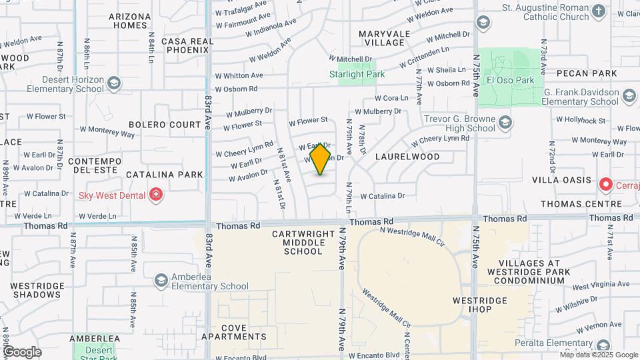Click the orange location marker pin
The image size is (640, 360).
coord(320,159)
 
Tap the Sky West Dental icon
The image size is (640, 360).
coord(156,194)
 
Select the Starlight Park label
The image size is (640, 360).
coord(357,75)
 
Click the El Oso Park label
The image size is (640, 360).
coord(511,81)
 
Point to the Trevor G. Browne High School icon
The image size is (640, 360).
coord(505,122)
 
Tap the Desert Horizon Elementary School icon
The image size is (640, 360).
coord(114,83)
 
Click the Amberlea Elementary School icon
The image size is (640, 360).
coord(160,280)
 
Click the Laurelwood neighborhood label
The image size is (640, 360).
coord(407,157)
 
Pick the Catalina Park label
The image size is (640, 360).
coord(165,175)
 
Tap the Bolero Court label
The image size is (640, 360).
coord(165,125)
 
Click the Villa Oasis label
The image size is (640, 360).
coord(561,180)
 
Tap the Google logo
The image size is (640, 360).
coord(21,352)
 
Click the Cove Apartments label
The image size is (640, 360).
coord(243,332)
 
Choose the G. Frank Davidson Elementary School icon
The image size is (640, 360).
coord(628,97)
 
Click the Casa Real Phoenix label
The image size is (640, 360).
coord(187,46)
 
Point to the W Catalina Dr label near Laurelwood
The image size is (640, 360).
coord(382,196)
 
